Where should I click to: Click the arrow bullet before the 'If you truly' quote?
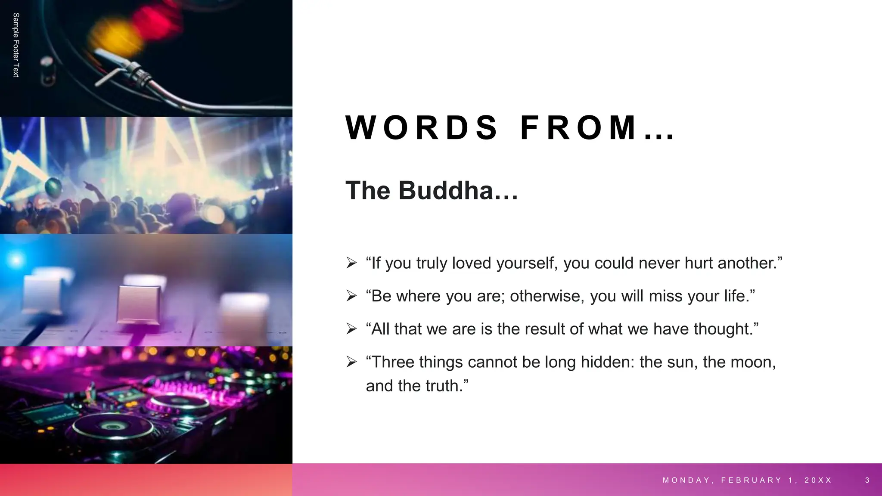[x=351, y=263]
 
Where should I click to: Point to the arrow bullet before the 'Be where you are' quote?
[x=351, y=296]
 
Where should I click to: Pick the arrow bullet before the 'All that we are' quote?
[x=351, y=329]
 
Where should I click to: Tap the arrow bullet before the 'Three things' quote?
[x=351, y=362]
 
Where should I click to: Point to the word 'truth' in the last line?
[x=442, y=386]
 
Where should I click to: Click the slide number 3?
[x=867, y=480]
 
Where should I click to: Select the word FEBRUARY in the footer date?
[x=751, y=480]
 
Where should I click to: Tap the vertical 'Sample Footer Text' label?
[x=16, y=45]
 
